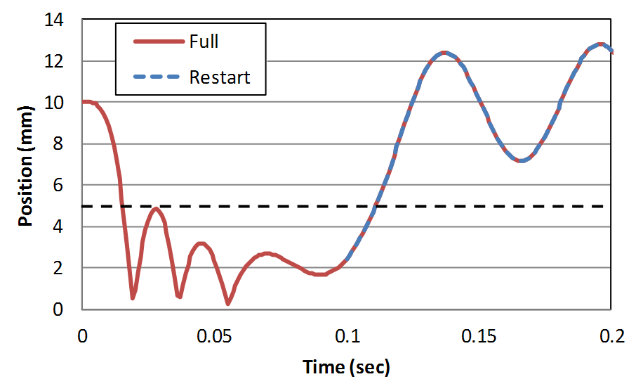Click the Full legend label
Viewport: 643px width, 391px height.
[x=204, y=41]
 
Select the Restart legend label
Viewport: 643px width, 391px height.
[x=220, y=77]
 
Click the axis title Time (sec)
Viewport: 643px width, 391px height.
[x=346, y=367]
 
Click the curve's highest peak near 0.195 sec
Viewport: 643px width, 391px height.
[x=600, y=44]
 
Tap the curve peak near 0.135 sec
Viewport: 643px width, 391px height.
[x=444, y=53]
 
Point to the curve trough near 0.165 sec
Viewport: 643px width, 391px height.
[x=521, y=161]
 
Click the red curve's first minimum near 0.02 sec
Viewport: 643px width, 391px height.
[x=133, y=298]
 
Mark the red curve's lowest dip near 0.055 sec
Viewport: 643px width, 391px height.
[x=228, y=303]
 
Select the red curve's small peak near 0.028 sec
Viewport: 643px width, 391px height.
[x=157, y=209]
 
